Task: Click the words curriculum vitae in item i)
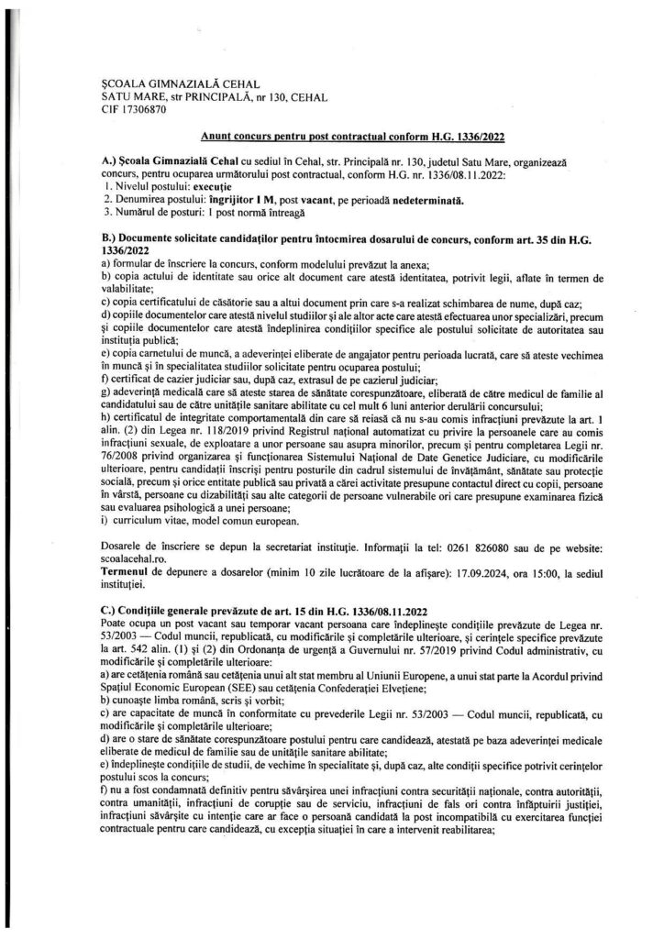(147, 522)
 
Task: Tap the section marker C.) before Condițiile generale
(110, 610)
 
